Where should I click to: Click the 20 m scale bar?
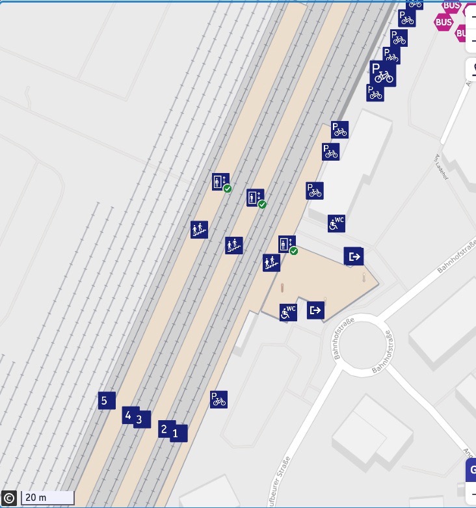click(47, 498)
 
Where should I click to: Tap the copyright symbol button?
click(9, 498)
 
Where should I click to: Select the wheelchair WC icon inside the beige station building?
click(288, 312)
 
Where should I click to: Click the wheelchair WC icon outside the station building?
click(336, 224)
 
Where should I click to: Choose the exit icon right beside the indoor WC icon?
click(315, 310)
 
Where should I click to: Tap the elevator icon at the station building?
click(287, 245)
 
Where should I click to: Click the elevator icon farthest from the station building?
click(220, 182)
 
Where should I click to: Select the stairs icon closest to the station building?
click(271, 263)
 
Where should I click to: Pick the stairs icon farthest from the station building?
click(199, 229)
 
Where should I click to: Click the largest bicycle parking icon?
click(382, 73)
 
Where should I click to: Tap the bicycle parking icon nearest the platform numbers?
click(218, 399)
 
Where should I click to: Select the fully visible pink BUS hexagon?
click(443, 22)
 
